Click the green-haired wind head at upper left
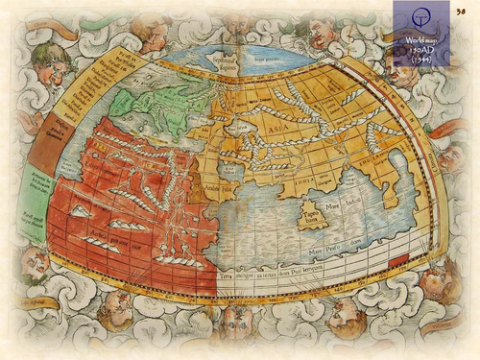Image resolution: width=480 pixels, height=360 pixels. (x=49, y=61)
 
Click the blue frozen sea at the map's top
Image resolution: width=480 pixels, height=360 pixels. (x=253, y=59)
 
